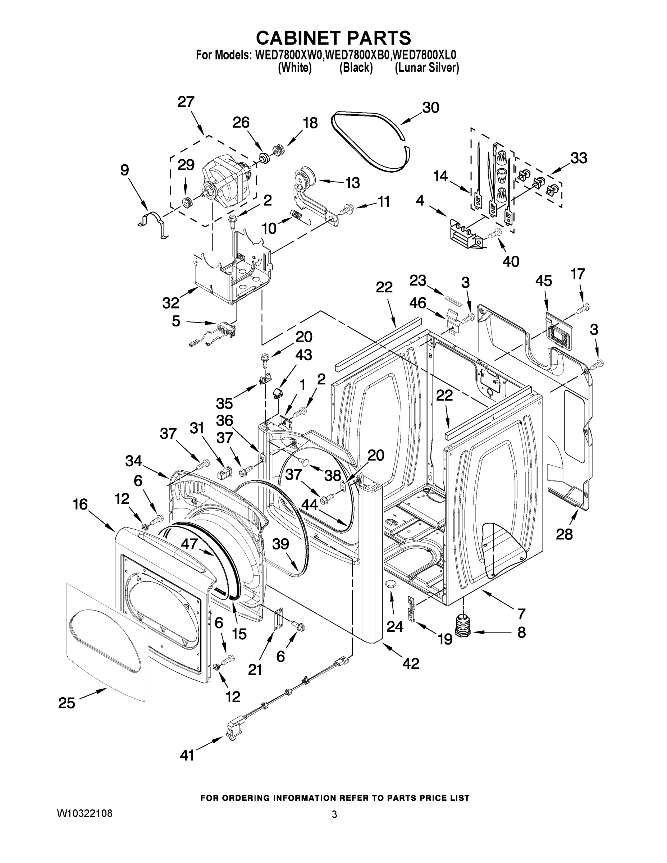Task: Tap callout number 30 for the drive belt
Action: tap(430, 108)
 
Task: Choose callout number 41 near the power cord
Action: tap(187, 755)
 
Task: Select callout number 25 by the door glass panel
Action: tap(67, 703)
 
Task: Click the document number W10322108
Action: tap(84, 813)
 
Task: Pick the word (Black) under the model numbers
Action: tap(356, 68)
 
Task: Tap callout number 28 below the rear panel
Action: tap(564, 534)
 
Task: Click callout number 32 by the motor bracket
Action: tap(170, 303)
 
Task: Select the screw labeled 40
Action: tap(494, 234)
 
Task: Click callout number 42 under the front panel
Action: tap(411, 663)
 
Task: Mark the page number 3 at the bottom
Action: tap(334, 814)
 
